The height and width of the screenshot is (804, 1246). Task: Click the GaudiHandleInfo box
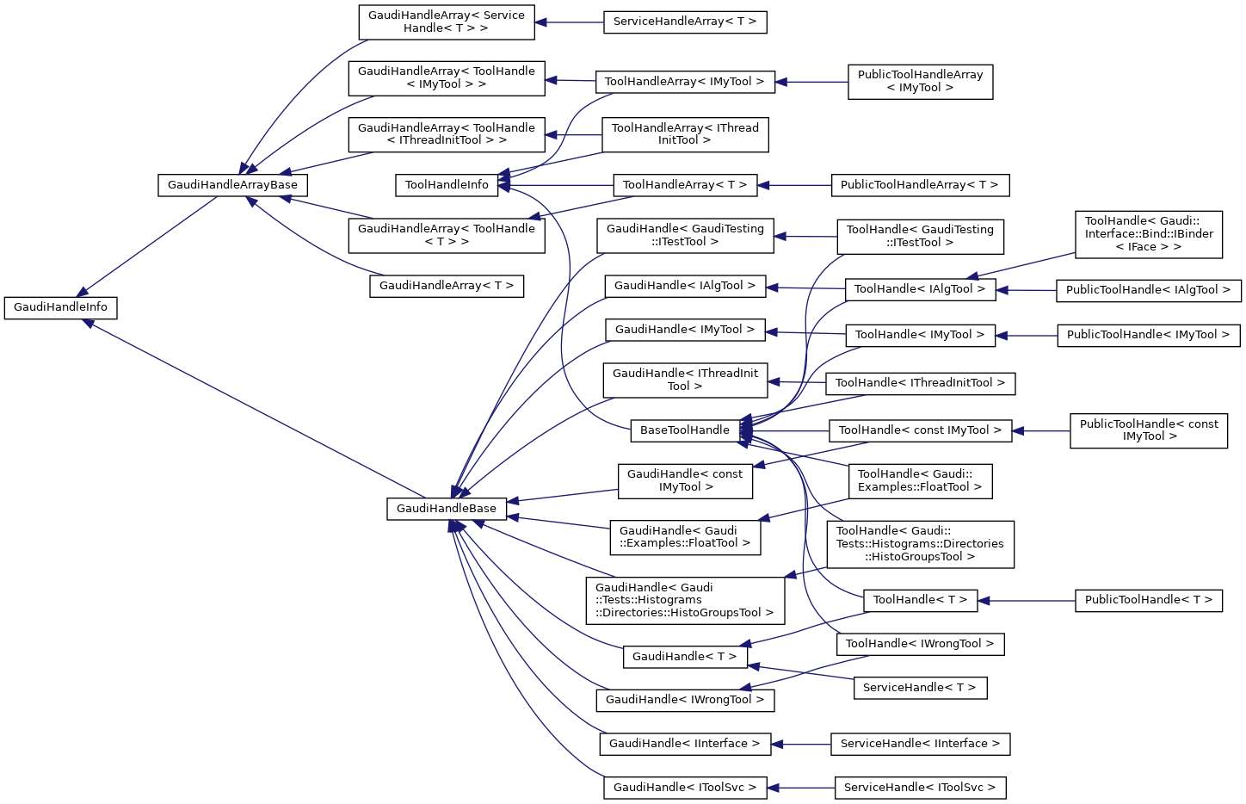point(60,307)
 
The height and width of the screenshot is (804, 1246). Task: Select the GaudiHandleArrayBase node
point(232,185)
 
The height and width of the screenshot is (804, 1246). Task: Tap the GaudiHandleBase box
point(446,509)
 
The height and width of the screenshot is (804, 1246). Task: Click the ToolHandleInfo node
point(447,185)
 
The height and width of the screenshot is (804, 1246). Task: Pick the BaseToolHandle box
point(684,430)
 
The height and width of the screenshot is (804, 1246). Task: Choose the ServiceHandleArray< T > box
point(684,22)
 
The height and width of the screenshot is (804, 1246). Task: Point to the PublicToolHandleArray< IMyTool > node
point(920,82)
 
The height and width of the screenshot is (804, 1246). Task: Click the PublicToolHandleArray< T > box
point(919,185)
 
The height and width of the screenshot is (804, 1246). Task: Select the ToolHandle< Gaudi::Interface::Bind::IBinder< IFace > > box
point(1148,234)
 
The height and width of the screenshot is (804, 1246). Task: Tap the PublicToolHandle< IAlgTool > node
point(1148,290)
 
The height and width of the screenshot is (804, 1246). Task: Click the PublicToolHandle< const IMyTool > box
point(1148,430)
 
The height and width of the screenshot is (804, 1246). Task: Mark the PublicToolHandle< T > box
point(1148,600)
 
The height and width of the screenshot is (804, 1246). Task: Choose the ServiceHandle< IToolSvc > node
point(919,788)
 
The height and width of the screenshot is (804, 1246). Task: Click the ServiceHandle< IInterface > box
point(919,744)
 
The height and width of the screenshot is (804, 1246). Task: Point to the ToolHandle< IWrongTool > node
point(919,644)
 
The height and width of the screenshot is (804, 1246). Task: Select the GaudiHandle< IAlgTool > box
point(684,286)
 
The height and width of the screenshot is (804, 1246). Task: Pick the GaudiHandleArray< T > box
point(446,286)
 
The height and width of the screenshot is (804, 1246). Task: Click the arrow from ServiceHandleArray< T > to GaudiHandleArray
point(570,22)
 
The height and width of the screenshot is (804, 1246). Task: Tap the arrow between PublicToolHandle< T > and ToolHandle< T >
point(1027,600)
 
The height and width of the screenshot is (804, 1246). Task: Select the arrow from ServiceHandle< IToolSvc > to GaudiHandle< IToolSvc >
point(800,788)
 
